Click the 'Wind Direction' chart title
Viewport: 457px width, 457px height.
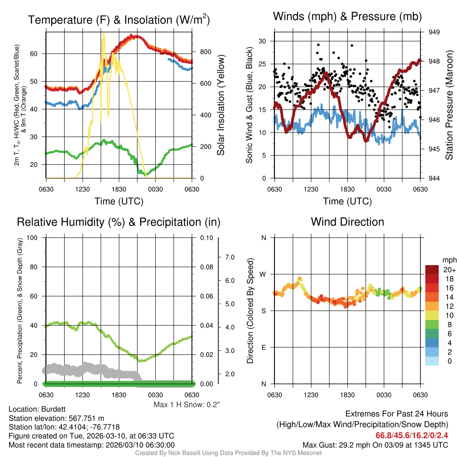coord(347,222)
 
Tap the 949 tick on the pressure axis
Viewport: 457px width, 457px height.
coord(434,32)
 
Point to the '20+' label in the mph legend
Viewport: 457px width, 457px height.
coord(449,270)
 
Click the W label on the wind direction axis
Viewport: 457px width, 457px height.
coord(264,274)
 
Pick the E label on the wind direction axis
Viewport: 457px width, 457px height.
coord(264,347)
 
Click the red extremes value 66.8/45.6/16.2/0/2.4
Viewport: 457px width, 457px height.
coord(411,435)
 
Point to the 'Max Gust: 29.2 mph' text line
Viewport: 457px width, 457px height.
coord(375,445)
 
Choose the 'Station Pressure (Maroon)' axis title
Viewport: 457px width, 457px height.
coord(449,105)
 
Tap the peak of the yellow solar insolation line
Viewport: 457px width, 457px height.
coord(104,33)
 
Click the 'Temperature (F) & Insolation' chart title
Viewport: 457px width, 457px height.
coord(119,20)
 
